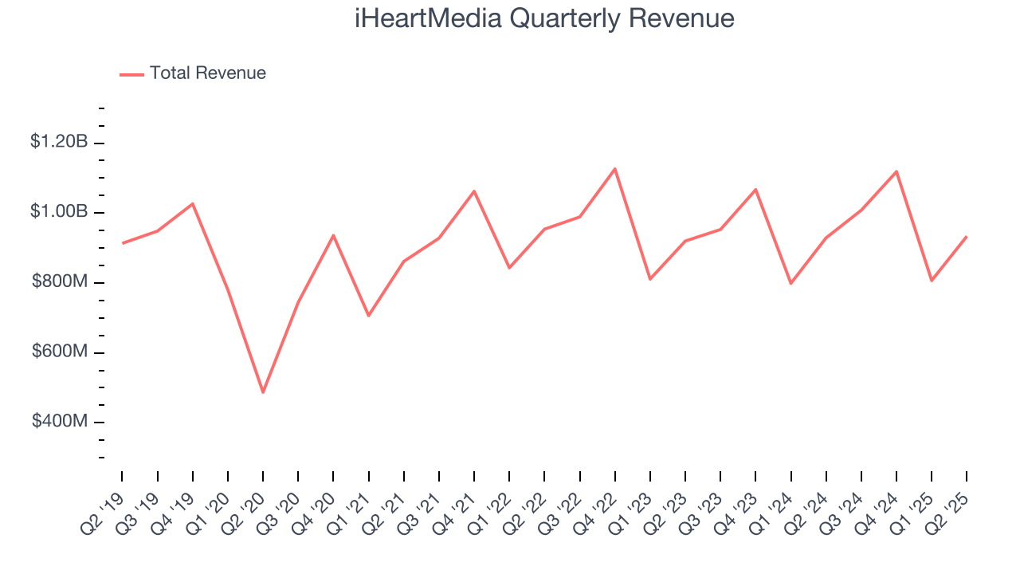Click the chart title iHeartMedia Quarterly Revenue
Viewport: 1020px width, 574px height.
coord(544,18)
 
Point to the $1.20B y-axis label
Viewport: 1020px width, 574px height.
coord(58,142)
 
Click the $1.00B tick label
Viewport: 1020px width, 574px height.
coord(58,212)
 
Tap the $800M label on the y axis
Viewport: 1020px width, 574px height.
coord(58,282)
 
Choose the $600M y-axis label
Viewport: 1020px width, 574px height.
coord(58,352)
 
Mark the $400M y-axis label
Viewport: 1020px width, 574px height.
coord(58,421)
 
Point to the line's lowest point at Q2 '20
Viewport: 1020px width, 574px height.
coord(263,391)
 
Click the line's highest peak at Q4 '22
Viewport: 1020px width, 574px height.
coord(615,169)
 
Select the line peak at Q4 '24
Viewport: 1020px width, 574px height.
coord(896,171)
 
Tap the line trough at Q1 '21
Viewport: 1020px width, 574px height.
coord(368,316)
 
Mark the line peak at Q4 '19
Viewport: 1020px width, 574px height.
coord(193,203)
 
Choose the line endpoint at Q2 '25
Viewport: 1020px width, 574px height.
coord(967,237)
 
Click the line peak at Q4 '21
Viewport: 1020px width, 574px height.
coord(474,191)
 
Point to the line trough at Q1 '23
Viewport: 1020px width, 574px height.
coord(650,279)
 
